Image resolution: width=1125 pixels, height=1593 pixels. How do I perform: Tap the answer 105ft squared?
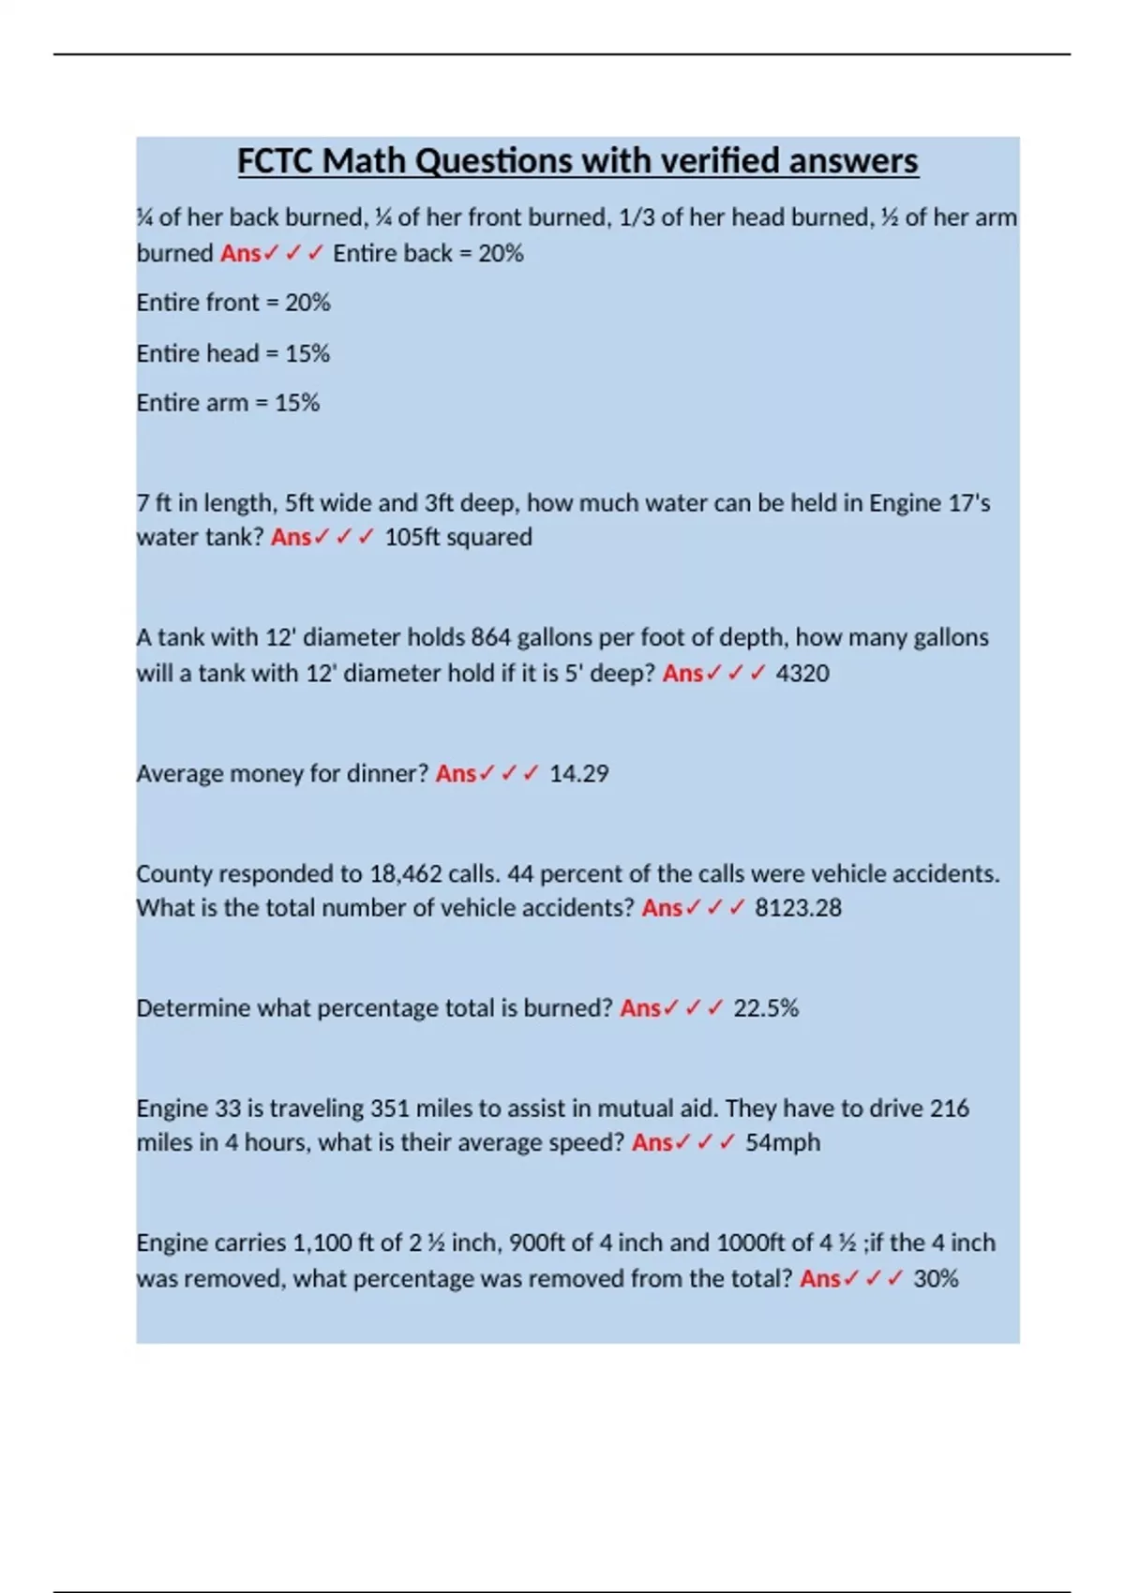(458, 537)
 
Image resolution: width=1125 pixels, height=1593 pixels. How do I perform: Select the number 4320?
(802, 673)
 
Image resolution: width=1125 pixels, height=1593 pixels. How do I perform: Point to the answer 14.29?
(578, 773)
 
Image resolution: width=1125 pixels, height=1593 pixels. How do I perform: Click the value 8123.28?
(798, 907)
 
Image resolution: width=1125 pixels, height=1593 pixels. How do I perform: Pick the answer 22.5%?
(766, 1007)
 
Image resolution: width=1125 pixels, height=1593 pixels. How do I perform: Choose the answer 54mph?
(783, 1142)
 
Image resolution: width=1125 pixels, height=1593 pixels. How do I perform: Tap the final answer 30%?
(936, 1278)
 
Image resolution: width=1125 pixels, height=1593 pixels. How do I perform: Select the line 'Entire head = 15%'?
(233, 353)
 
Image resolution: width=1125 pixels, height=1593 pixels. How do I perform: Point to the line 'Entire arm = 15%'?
(228, 403)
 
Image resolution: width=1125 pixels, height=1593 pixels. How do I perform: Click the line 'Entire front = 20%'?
(233, 303)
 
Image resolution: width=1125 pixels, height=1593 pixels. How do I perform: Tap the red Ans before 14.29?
(456, 773)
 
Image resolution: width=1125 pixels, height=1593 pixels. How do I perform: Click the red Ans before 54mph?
(652, 1142)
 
